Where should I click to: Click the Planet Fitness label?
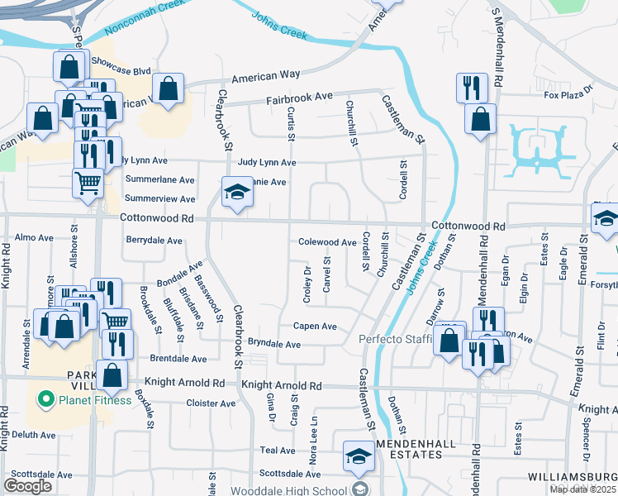[94, 401]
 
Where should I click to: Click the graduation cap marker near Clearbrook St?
[236, 193]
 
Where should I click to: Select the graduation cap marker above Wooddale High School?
[359, 455]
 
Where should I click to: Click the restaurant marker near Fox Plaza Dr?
[471, 88]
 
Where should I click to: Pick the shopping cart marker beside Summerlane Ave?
[88, 182]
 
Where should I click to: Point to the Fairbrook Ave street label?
[298, 98]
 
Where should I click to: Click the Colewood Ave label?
[326, 242]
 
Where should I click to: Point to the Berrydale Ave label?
[154, 241]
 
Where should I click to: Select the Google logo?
[27, 486]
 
